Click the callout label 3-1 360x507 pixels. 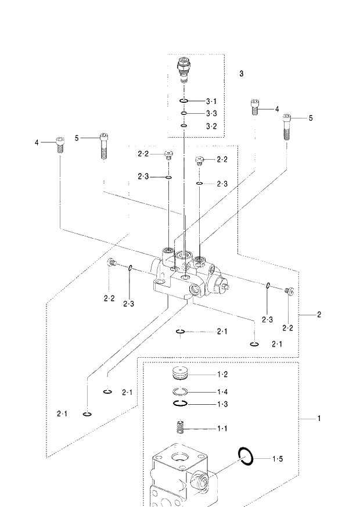click(x=211, y=101)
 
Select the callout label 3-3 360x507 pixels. click(x=211, y=113)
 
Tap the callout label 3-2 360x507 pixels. click(x=211, y=126)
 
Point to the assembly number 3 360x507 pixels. click(x=241, y=74)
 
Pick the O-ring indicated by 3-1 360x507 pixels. click(x=183, y=102)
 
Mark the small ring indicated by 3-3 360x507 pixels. click(x=183, y=114)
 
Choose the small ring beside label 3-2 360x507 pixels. click(x=183, y=125)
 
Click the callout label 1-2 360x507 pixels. click(x=222, y=375)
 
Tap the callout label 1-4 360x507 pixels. click(x=222, y=391)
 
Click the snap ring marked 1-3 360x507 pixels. click(x=181, y=403)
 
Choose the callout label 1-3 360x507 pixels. click(x=222, y=404)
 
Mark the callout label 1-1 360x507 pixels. click(x=222, y=429)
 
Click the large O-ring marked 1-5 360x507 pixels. click(x=246, y=456)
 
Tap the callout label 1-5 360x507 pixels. click(x=279, y=459)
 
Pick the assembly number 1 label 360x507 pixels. click(x=319, y=418)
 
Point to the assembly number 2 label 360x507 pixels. click(x=319, y=315)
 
